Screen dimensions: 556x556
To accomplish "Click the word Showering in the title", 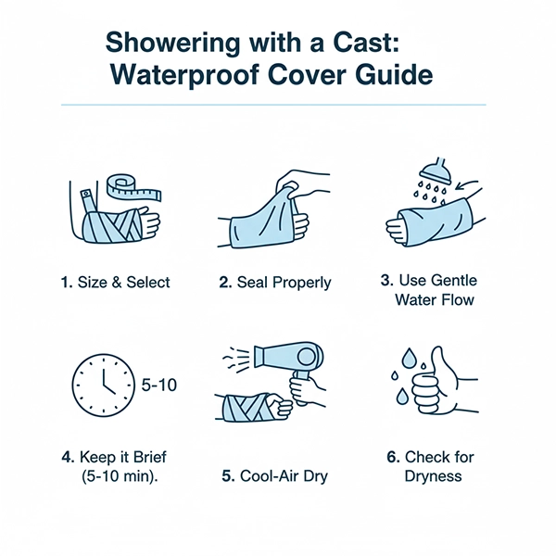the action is tap(172, 44).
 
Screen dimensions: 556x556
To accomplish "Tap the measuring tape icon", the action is tap(134, 187).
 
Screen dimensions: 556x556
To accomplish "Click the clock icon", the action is tap(104, 385).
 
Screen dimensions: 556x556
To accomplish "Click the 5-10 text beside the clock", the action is tap(159, 385).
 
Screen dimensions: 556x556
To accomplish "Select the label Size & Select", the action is tap(116, 283).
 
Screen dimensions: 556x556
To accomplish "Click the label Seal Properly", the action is tap(275, 283).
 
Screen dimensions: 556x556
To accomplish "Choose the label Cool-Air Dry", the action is tap(275, 476).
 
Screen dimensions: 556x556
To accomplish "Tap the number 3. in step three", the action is tap(387, 280).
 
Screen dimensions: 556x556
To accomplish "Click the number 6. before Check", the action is tap(393, 457).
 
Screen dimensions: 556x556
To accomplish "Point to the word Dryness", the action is tap(433, 476).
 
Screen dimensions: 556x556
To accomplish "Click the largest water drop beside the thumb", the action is tap(408, 358).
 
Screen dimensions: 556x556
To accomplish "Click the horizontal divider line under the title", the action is tap(273, 105).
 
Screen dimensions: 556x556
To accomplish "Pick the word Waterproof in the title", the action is tap(184, 75).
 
